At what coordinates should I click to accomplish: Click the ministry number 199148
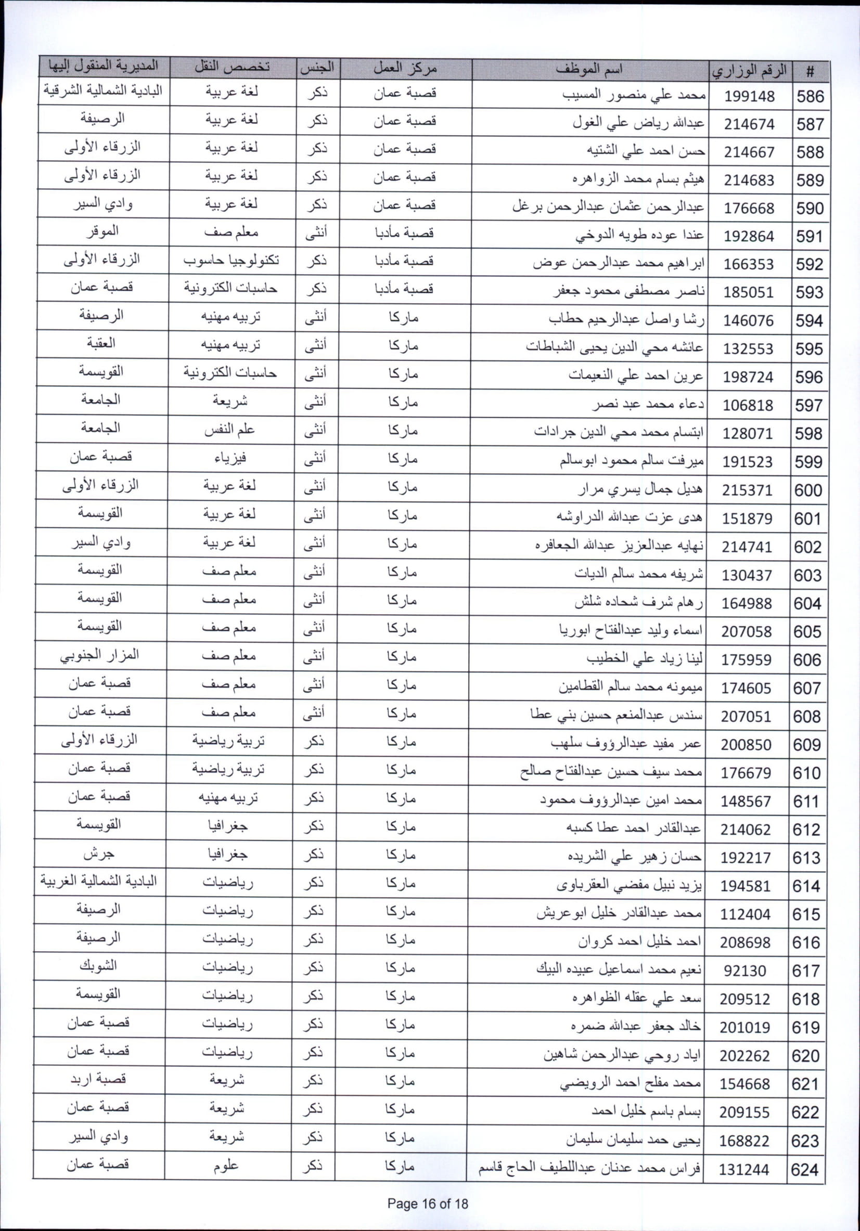click(x=750, y=97)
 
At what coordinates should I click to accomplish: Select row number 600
click(x=808, y=490)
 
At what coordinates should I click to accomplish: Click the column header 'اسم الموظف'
click(x=588, y=70)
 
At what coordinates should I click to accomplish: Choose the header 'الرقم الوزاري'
click(x=750, y=71)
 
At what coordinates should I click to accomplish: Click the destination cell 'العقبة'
click(x=101, y=343)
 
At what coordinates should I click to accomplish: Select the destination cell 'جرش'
click(x=99, y=853)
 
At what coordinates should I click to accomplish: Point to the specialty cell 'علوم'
click(x=226, y=1165)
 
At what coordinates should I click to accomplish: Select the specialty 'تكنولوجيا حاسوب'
click(x=230, y=261)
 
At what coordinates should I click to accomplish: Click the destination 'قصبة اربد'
click(x=98, y=1079)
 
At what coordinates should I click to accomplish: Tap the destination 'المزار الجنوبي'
click(x=99, y=655)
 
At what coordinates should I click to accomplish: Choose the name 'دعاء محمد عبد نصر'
click(x=648, y=405)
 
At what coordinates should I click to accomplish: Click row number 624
click(x=805, y=1169)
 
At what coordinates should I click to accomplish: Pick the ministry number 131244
click(x=744, y=1169)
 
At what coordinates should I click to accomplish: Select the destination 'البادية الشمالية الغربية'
click(x=99, y=882)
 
